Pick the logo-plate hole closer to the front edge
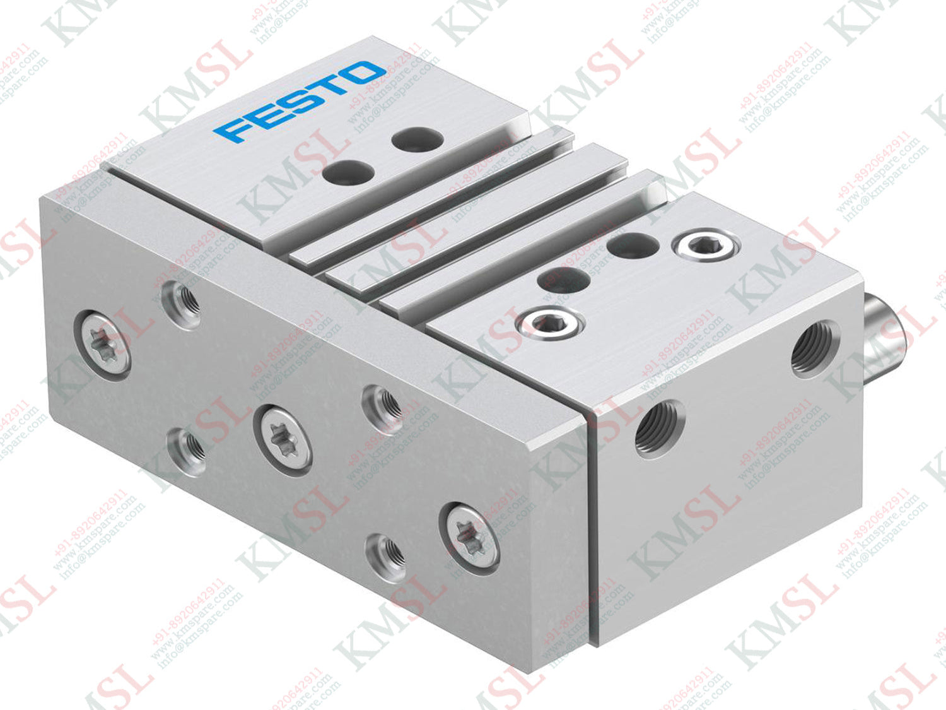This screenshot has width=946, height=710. coord(344,171)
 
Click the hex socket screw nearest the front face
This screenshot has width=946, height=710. coord(542,322)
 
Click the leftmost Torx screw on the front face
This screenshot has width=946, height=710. coord(103,345)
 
